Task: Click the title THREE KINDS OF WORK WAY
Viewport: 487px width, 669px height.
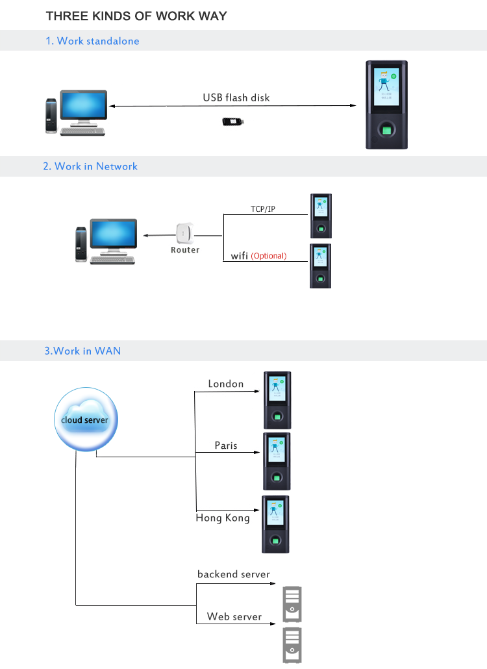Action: click(x=136, y=16)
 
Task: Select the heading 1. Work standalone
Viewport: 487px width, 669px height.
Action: click(x=92, y=41)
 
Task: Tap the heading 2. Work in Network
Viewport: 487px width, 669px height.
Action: click(x=90, y=166)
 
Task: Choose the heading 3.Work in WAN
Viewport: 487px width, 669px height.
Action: click(x=82, y=351)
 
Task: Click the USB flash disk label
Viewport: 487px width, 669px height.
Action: click(x=236, y=97)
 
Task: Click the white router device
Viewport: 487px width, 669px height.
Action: click(x=185, y=233)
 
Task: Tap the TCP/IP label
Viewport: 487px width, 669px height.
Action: click(x=262, y=209)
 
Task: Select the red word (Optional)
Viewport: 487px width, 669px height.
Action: click(x=269, y=256)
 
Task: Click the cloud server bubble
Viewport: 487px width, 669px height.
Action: click(x=85, y=420)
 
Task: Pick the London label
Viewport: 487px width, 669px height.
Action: click(x=226, y=384)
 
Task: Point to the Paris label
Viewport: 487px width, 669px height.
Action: click(x=226, y=446)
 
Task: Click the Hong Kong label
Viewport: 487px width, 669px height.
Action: click(x=223, y=518)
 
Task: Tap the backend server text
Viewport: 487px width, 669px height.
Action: click(x=234, y=574)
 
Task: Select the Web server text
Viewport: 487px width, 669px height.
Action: click(x=234, y=616)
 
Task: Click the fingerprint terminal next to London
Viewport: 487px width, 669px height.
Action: click(x=277, y=399)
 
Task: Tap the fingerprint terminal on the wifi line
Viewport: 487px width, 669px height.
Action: click(x=320, y=266)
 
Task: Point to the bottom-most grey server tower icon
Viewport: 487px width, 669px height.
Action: click(x=292, y=645)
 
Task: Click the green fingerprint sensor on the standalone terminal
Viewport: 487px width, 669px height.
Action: click(x=388, y=131)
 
